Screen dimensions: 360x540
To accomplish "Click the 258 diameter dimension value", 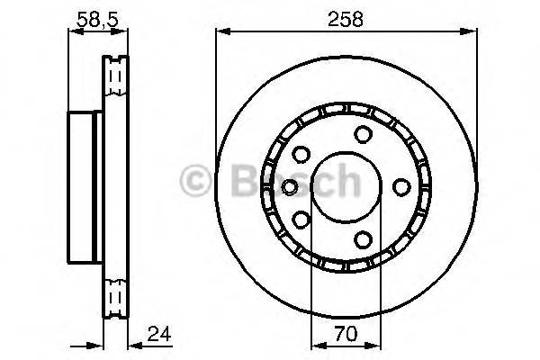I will [345, 17].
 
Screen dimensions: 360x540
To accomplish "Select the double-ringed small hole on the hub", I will [289, 186].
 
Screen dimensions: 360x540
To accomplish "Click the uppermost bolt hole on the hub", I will [363, 135].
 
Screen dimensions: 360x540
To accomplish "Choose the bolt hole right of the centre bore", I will [400, 186].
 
